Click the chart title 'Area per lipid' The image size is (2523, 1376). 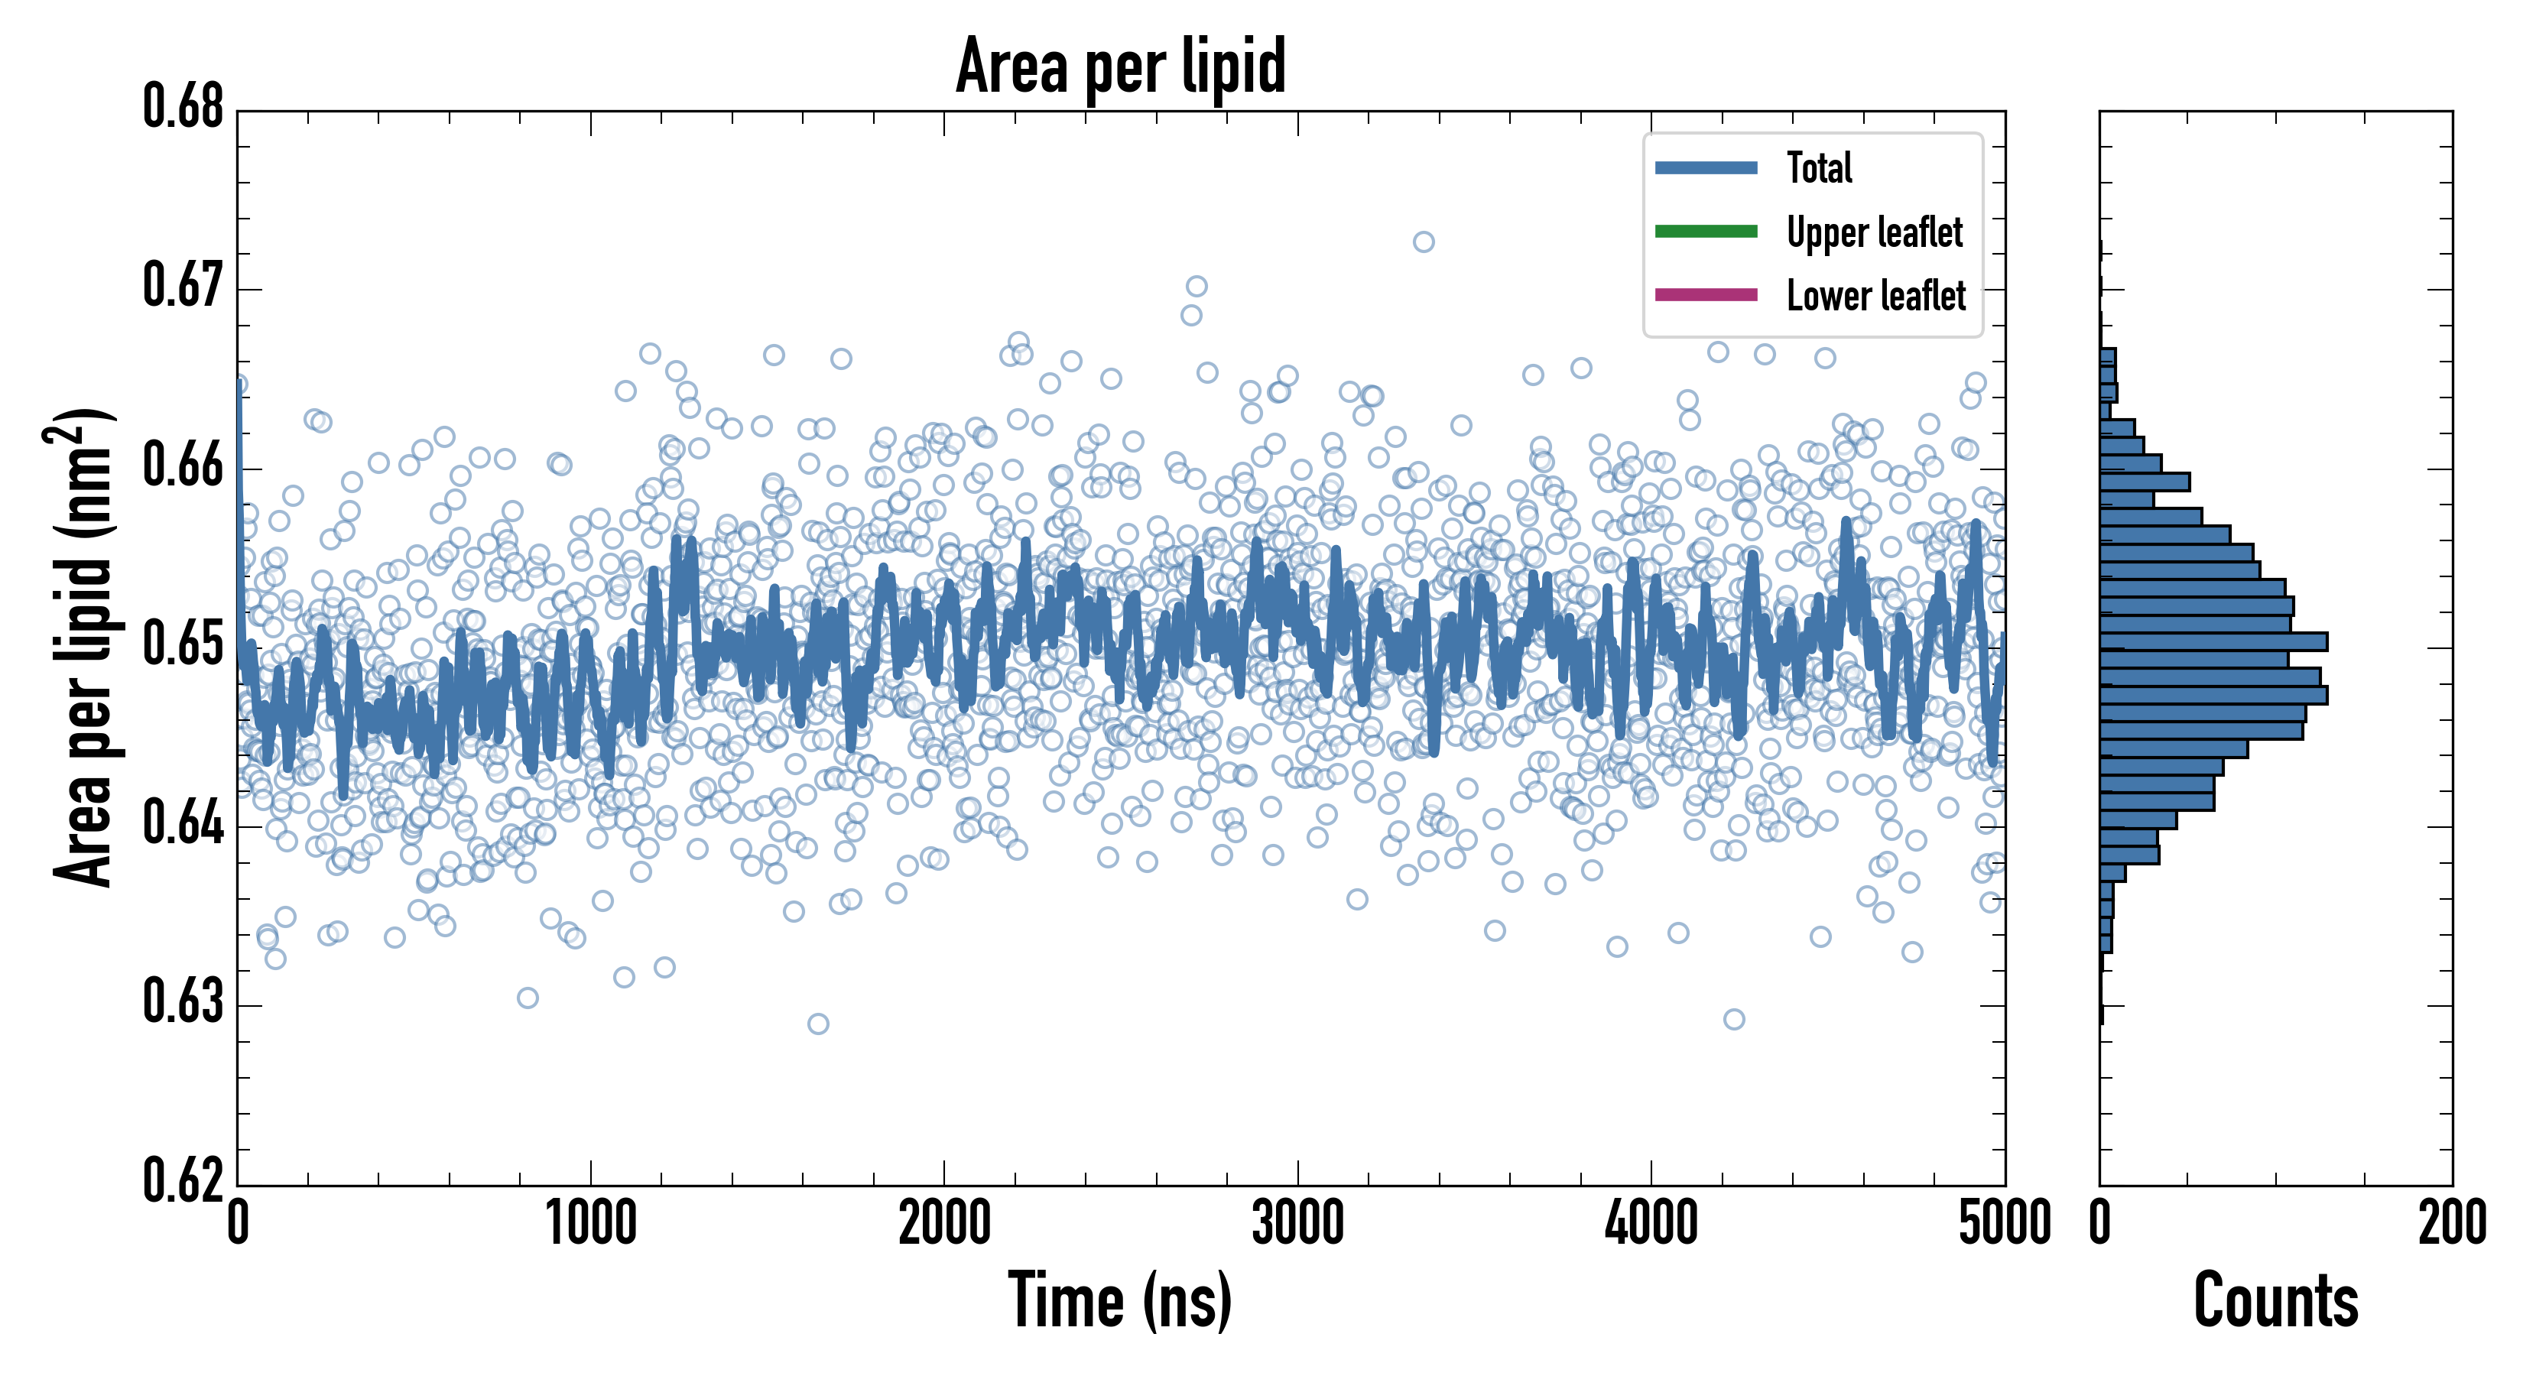(x=1121, y=66)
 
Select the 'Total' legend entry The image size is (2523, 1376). (x=1819, y=167)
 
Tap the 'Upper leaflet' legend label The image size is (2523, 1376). (x=1874, y=232)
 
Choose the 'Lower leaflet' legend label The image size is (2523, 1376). (x=1875, y=296)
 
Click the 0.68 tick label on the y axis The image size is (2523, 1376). (x=183, y=107)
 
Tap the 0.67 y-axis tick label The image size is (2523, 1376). (x=183, y=286)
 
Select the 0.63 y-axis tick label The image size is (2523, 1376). (x=183, y=1002)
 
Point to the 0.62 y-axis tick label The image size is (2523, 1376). (x=183, y=1180)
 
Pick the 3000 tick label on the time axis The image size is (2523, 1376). (x=1297, y=1224)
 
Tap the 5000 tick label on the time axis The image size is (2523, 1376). (x=2004, y=1224)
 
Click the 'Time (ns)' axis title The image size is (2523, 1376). (x=1121, y=1300)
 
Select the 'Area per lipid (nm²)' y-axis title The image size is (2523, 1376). (x=83, y=647)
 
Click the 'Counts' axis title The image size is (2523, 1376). (x=2275, y=1300)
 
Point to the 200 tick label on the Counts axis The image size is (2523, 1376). (x=2451, y=1224)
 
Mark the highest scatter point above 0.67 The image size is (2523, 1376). (x=1423, y=242)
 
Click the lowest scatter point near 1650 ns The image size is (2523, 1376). (x=818, y=1024)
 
